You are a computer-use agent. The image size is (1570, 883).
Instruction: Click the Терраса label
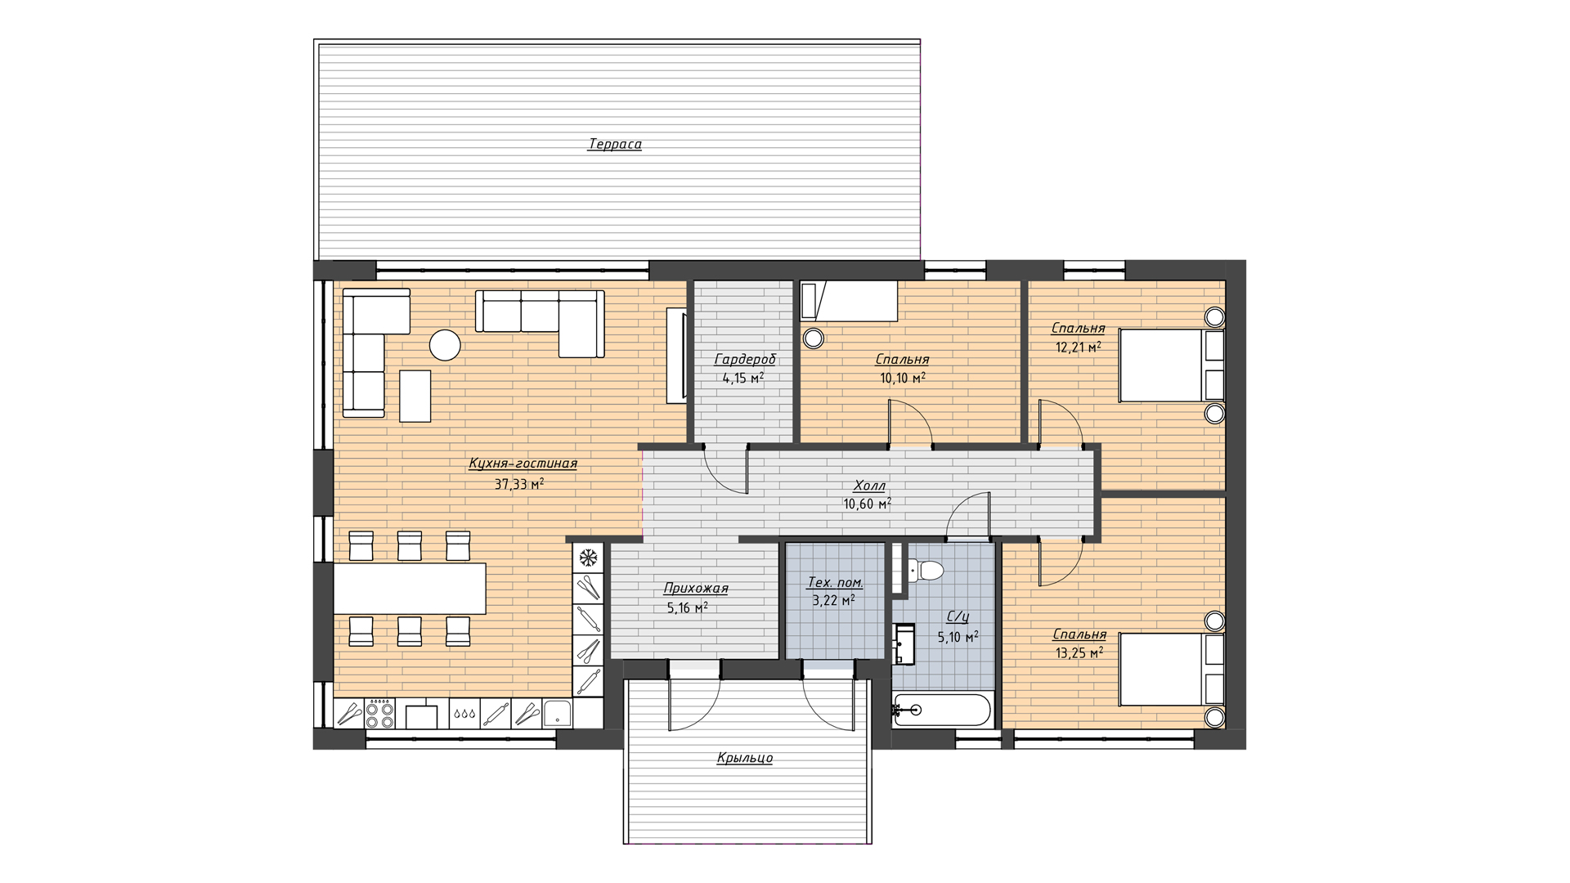tap(615, 145)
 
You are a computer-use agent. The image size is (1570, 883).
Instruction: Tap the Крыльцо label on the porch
tap(744, 758)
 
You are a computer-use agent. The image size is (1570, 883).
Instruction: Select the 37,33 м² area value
tap(519, 484)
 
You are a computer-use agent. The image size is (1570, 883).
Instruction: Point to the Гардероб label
tap(745, 360)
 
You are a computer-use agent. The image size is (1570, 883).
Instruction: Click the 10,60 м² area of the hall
tap(868, 504)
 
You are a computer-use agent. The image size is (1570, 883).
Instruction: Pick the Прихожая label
tap(696, 588)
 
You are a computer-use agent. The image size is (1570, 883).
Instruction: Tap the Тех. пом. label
tap(835, 582)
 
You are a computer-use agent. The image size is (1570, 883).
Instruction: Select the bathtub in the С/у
tap(942, 710)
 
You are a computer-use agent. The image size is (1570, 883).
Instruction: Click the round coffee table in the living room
tap(446, 345)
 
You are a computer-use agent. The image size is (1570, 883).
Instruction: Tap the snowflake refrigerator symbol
tap(588, 558)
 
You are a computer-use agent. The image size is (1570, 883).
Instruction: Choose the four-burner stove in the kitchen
tap(380, 713)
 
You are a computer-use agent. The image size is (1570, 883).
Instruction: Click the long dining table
tap(410, 589)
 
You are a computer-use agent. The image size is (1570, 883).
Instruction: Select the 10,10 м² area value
tap(903, 378)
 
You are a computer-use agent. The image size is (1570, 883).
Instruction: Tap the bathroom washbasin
tap(904, 643)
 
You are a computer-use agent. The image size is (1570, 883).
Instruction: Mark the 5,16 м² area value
tap(687, 607)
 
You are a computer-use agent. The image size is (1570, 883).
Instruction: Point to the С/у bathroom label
tap(958, 617)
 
